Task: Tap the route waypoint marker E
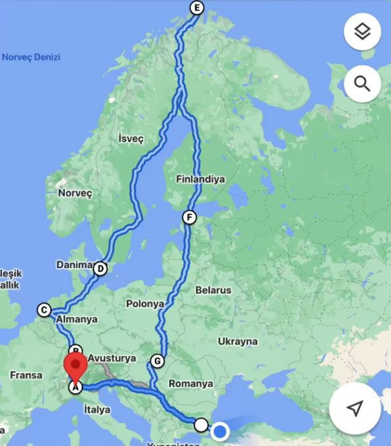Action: (196, 8)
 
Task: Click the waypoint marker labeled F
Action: (190, 217)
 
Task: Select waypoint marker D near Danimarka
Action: (100, 268)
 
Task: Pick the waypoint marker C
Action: (44, 310)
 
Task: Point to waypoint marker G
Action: (157, 361)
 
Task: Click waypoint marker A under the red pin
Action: (75, 388)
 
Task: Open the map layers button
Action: (362, 31)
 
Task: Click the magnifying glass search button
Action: (362, 83)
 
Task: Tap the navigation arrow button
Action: (355, 409)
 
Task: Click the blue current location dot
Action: (220, 432)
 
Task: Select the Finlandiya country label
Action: (200, 179)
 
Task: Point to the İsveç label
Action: (131, 139)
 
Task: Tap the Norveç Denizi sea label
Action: (31, 57)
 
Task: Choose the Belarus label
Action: (213, 290)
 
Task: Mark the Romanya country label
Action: (191, 383)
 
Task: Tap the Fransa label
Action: (26, 375)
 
